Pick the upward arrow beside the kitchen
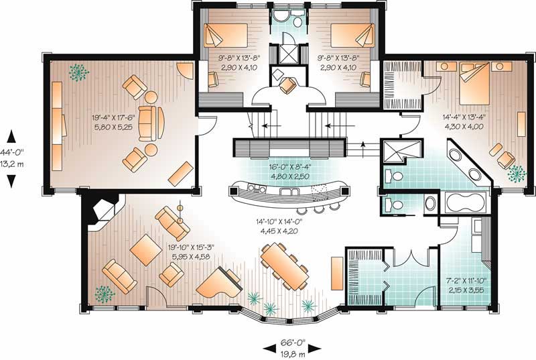coord(363,145)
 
